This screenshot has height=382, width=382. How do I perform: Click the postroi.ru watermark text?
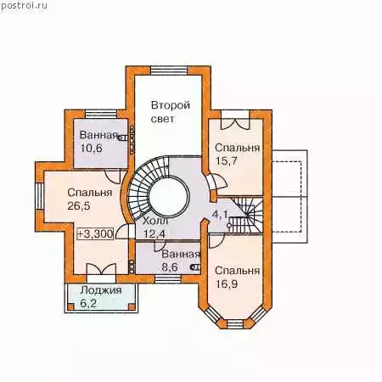pyautogui.click(x=24, y=6)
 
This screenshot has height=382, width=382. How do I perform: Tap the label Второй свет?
pyautogui.click(x=171, y=112)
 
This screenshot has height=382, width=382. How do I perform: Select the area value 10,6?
pyautogui.click(x=92, y=148)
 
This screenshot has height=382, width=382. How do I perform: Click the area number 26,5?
pyautogui.click(x=79, y=205)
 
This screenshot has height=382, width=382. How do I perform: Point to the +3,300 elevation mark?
pyautogui.click(x=95, y=233)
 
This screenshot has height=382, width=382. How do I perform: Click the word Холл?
pyautogui.click(x=155, y=221)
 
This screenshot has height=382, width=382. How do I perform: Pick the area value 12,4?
pyautogui.click(x=154, y=234)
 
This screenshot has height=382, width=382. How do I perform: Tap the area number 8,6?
pyautogui.click(x=170, y=267)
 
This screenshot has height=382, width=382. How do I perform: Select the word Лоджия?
pyautogui.click(x=101, y=290)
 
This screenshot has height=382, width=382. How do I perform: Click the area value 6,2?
pyautogui.click(x=88, y=303)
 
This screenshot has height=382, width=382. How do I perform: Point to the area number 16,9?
pyautogui.click(x=227, y=284)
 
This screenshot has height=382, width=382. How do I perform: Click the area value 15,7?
pyautogui.click(x=227, y=161)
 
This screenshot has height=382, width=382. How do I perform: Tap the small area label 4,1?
pyautogui.click(x=220, y=215)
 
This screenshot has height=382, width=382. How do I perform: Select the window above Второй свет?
pyautogui.click(x=169, y=70)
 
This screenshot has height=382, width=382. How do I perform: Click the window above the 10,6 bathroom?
pyautogui.click(x=101, y=114)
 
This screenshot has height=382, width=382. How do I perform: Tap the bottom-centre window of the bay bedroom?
pyautogui.click(x=235, y=324)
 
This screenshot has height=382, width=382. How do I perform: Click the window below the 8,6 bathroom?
pyautogui.click(x=168, y=279)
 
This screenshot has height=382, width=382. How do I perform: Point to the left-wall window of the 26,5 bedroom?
pyautogui.click(x=39, y=196)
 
